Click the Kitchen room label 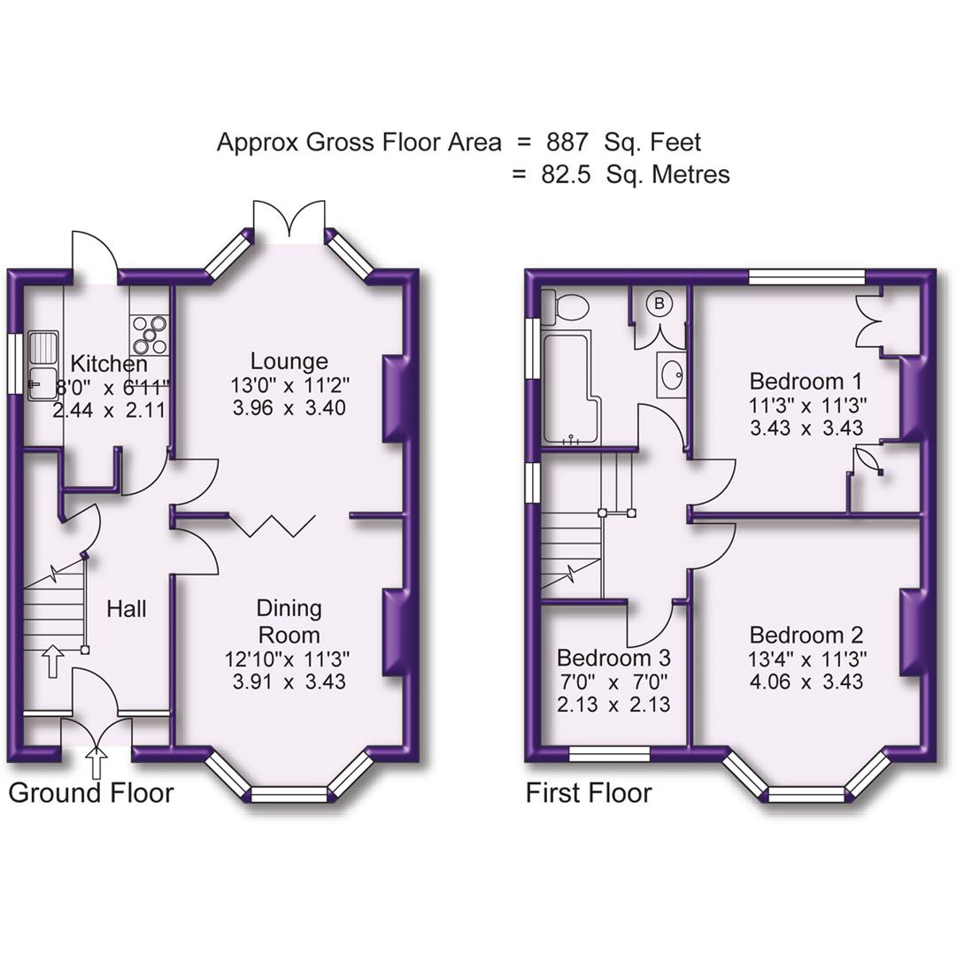tap(109, 364)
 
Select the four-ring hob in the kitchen tap(149, 334)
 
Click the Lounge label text tap(289, 360)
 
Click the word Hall tap(127, 609)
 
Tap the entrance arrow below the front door tap(96, 762)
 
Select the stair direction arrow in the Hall tap(52, 660)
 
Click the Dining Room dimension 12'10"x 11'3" tap(289, 659)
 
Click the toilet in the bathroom tap(567, 306)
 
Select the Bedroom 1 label tap(806, 382)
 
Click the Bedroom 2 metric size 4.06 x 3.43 tap(806, 682)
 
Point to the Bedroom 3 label tap(613, 659)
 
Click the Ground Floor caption tap(91, 792)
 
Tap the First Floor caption tap(589, 792)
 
